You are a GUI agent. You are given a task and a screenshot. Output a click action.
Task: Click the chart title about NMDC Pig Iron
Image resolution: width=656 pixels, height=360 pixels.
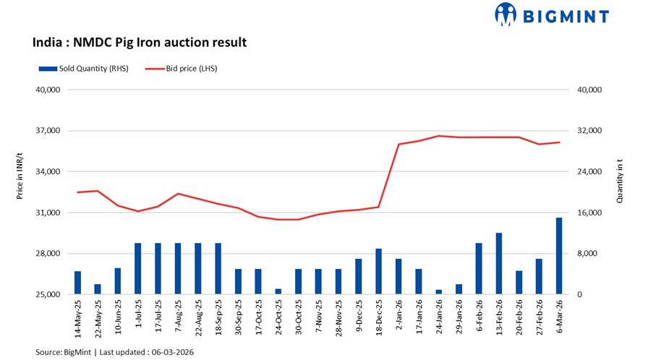140,42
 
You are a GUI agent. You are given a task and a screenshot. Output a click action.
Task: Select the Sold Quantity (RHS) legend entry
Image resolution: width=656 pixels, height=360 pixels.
83,69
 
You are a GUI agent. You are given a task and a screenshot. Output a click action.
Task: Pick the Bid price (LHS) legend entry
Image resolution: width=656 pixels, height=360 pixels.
181,69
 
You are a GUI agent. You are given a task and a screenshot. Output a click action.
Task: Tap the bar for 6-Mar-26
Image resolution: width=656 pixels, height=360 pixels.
558,256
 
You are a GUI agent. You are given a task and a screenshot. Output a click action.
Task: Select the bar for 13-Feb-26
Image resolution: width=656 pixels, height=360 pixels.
498,264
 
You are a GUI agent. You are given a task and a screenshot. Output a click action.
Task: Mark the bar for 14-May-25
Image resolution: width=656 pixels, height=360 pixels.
78,283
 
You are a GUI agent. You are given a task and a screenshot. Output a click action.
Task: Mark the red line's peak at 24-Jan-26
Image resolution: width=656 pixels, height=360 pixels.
438,136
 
